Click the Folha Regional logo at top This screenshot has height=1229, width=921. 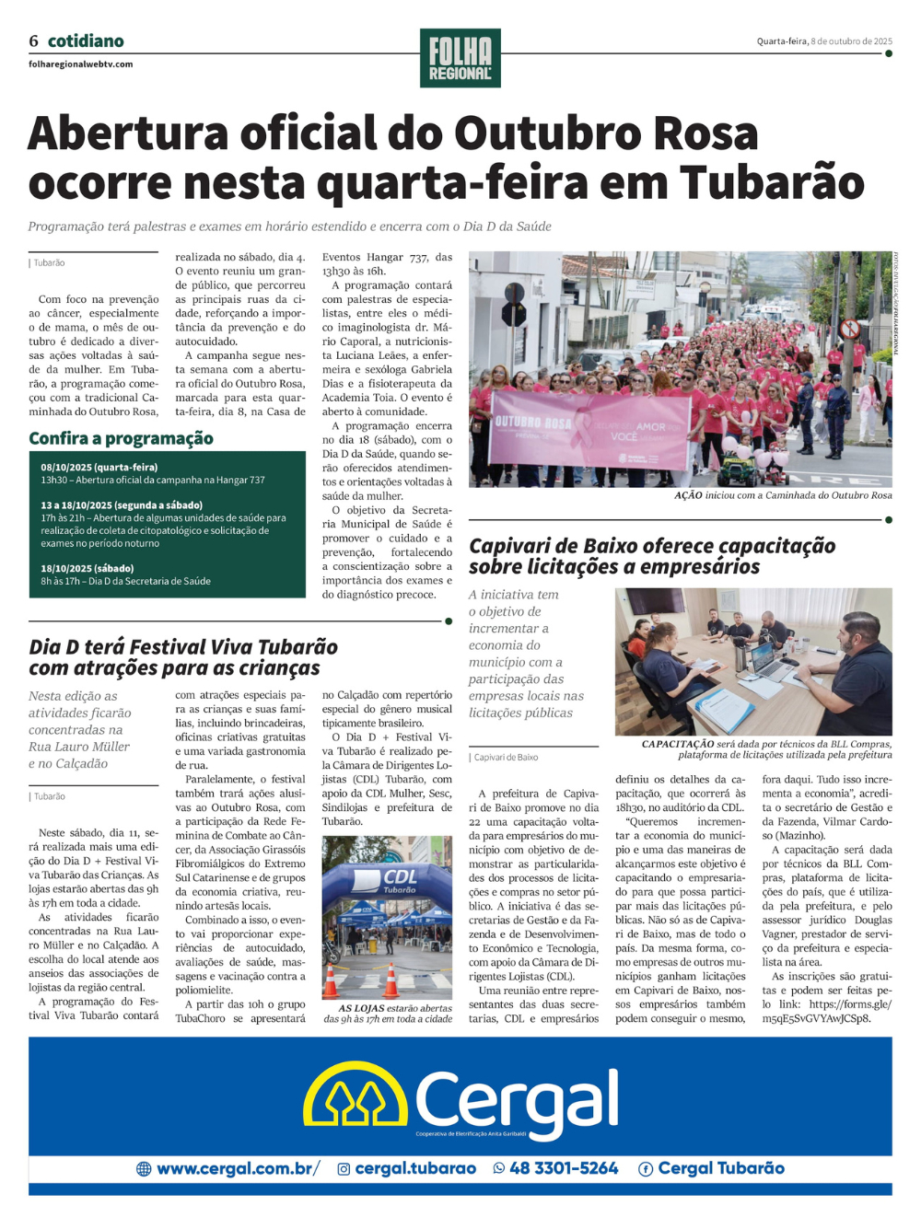460,58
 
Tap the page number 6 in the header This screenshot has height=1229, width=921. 34,41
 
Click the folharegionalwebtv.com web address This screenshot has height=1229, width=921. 81,64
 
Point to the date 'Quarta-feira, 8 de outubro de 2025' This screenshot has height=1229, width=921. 824,41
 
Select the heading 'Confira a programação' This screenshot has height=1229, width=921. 121,438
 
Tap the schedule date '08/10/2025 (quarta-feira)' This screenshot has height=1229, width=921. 99,468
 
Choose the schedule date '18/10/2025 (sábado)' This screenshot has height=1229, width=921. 87,569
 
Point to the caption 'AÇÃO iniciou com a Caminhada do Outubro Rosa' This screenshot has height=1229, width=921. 783,495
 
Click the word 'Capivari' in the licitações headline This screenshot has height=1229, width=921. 510,546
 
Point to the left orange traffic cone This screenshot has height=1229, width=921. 332,982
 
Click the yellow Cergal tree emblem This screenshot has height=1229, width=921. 356,1096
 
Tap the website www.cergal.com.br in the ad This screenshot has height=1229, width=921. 237,1168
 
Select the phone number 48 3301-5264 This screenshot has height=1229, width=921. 564,1168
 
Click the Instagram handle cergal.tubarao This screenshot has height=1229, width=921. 414,1168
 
